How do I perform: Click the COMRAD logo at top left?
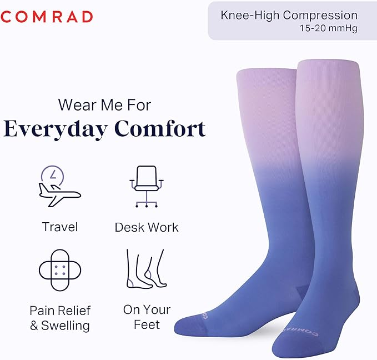[46, 17]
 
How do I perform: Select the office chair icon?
[147, 186]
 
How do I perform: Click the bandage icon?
[60, 271]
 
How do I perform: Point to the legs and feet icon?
[145, 269]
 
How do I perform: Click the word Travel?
[60, 227]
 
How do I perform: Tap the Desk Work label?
[147, 227]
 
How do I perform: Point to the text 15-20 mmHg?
[329, 27]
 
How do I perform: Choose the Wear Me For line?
[104, 104]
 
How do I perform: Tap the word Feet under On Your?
[147, 324]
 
